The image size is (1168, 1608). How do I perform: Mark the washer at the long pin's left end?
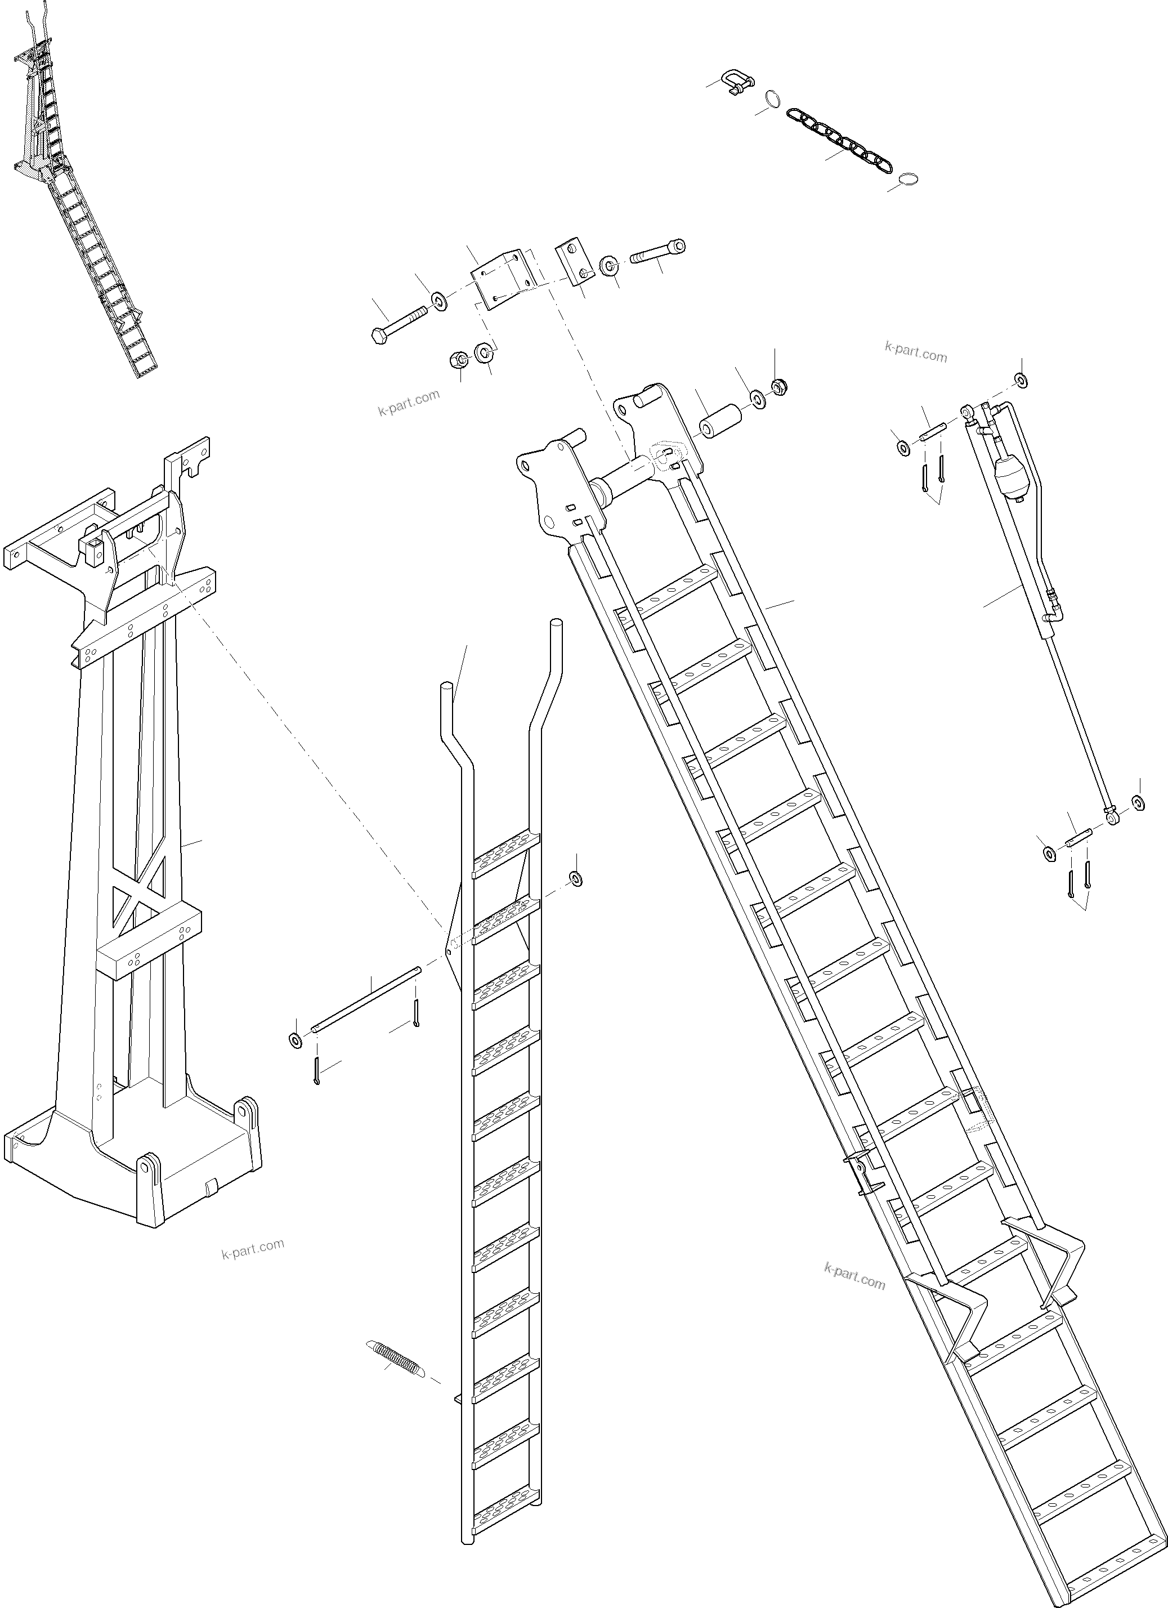point(295,1040)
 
